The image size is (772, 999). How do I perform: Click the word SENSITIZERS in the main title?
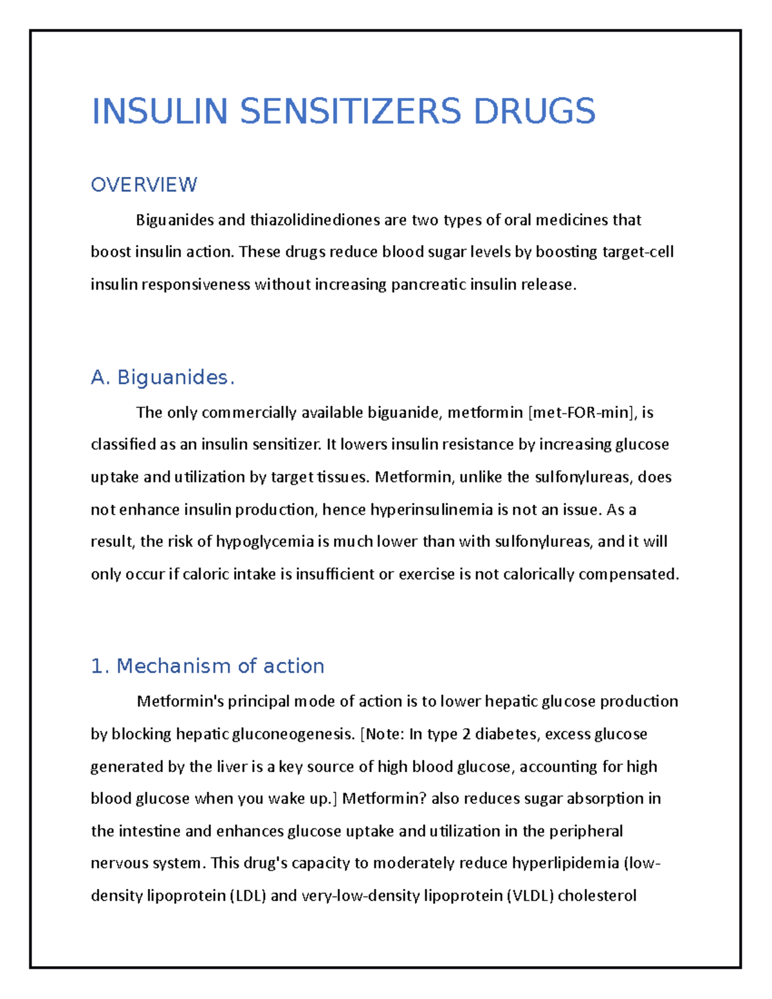pyautogui.click(x=351, y=111)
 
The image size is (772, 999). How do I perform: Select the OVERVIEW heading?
pyautogui.click(x=143, y=185)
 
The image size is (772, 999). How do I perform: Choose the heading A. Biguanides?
pyautogui.click(x=163, y=378)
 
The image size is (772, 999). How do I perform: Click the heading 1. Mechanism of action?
pyautogui.click(x=207, y=666)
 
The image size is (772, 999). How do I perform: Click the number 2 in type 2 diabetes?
pyautogui.click(x=466, y=734)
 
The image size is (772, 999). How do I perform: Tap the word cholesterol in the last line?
pyautogui.click(x=597, y=895)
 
